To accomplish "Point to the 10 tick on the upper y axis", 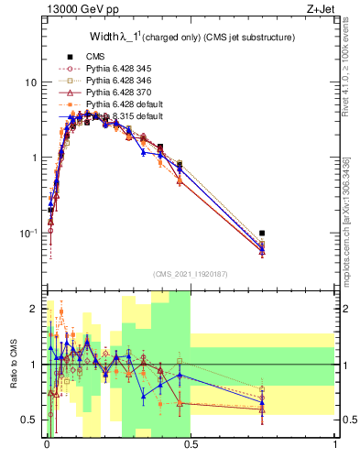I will click(30, 82).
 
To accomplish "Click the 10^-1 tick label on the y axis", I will click(27, 234).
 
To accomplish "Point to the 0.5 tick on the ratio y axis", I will click(30, 420).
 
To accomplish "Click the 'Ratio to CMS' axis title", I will click(14, 365).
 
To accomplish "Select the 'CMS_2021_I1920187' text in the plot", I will click(191, 274).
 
